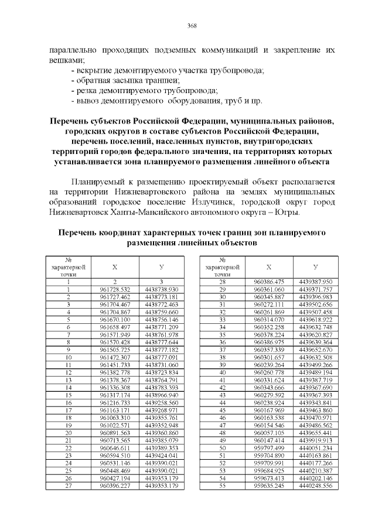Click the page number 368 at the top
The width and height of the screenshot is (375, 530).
[191, 25]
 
